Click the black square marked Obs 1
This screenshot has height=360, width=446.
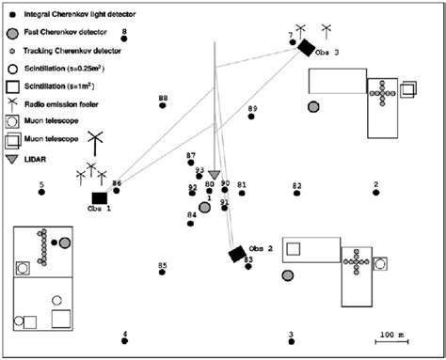(100, 196)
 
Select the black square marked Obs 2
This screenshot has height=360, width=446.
(237, 254)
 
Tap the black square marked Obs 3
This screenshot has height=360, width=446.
(305, 47)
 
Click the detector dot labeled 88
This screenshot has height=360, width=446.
(164, 107)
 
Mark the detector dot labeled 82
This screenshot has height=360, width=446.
(297, 194)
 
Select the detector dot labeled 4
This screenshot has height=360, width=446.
(124, 342)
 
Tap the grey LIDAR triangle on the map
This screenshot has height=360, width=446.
(215, 175)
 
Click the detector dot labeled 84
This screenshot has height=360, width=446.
(192, 223)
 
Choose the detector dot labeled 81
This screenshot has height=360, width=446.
(242, 193)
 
